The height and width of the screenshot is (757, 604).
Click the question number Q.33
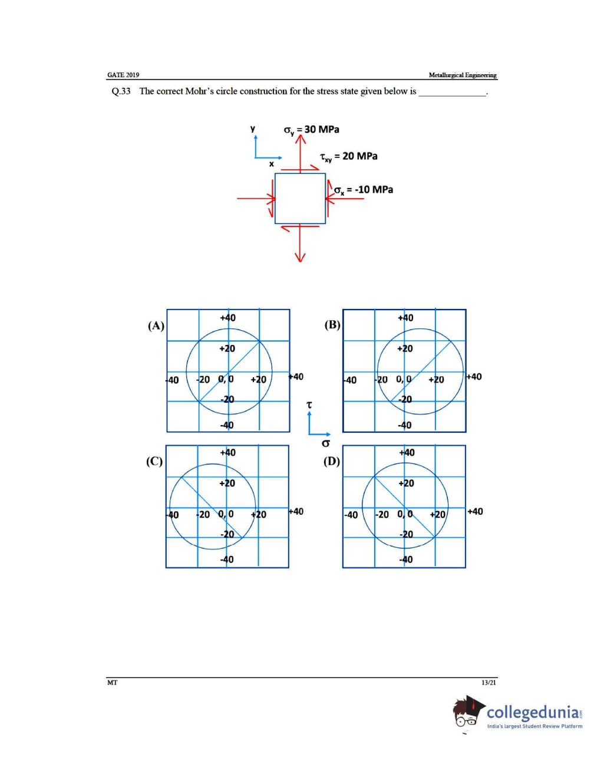(x=121, y=91)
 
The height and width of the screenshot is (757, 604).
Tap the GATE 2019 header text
(x=123, y=75)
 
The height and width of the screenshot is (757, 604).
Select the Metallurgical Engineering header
(x=463, y=75)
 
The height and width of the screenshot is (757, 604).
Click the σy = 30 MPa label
(x=311, y=130)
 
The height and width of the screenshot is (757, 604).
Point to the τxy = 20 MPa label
(x=348, y=156)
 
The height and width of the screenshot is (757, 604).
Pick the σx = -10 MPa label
(x=363, y=190)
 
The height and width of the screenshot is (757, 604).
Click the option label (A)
(x=156, y=325)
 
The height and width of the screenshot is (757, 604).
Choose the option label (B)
(x=332, y=325)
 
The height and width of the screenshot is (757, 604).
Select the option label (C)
(x=154, y=461)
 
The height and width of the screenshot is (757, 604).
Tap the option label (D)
(x=332, y=461)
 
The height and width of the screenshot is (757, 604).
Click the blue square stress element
(x=300, y=199)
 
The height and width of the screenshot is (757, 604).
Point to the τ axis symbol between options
(x=309, y=405)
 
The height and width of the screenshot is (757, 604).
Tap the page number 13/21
(x=489, y=683)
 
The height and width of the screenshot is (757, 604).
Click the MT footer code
(x=112, y=683)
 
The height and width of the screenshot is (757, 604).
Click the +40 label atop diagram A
(x=227, y=318)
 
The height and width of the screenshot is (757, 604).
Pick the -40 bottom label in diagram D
(x=405, y=559)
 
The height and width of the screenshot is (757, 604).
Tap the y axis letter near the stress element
(x=253, y=129)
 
